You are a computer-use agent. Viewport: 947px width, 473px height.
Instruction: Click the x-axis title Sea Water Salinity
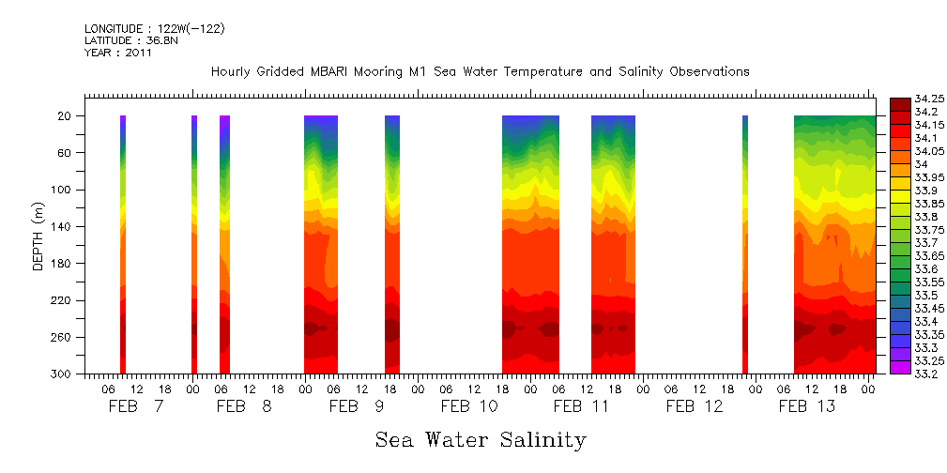pos(481,440)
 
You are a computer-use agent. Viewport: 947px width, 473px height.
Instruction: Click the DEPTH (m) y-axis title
pos(38,236)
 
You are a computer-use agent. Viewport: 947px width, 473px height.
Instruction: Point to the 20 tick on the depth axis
pos(66,116)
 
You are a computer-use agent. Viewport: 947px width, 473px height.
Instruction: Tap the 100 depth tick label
pos(63,190)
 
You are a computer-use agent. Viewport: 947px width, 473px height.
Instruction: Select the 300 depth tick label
pos(63,374)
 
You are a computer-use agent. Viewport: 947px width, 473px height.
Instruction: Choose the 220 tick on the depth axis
pos(63,300)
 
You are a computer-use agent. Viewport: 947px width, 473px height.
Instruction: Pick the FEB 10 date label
pos(469,406)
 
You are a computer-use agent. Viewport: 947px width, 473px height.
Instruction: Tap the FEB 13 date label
pos(806,406)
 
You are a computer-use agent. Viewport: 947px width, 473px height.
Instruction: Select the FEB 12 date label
pos(695,406)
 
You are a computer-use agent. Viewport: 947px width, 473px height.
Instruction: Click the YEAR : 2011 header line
pos(118,53)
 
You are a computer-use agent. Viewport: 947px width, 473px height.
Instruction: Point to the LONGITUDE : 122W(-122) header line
pos(155,29)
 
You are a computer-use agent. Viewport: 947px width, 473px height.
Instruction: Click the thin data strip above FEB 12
pos(745,244)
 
